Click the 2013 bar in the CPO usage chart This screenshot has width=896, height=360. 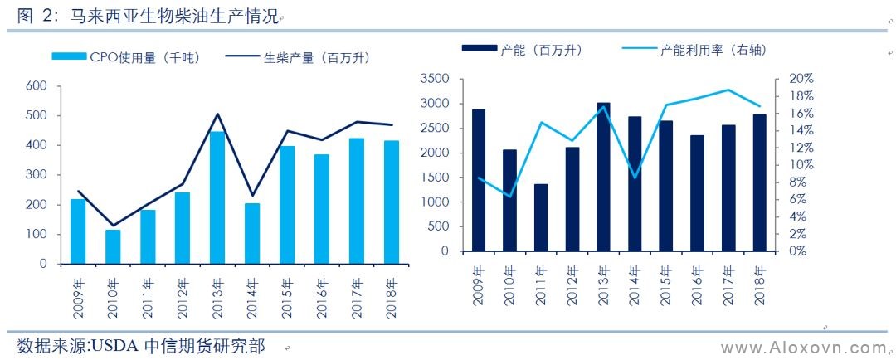[217, 197]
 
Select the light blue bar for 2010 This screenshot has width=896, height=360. [113, 246]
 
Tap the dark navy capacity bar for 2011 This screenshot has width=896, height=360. [541, 217]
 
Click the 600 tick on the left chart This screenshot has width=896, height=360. [36, 85]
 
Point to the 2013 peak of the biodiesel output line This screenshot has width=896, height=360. [217, 114]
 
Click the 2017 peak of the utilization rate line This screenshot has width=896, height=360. [728, 90]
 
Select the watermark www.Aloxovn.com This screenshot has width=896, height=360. [802, 347]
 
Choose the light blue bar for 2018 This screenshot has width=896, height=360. [392, 202]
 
